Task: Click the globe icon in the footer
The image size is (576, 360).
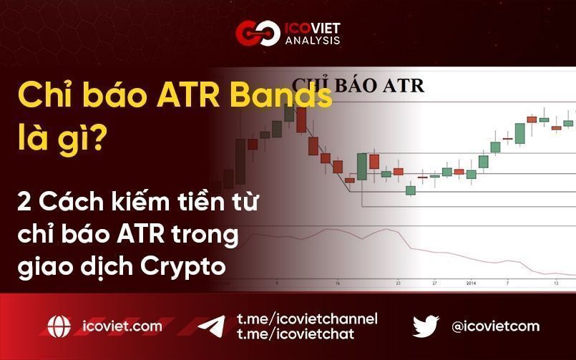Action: tap(59, 326)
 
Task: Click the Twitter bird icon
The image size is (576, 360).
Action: tap(426, 326)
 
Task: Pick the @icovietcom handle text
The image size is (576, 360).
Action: tap(495, 326)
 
